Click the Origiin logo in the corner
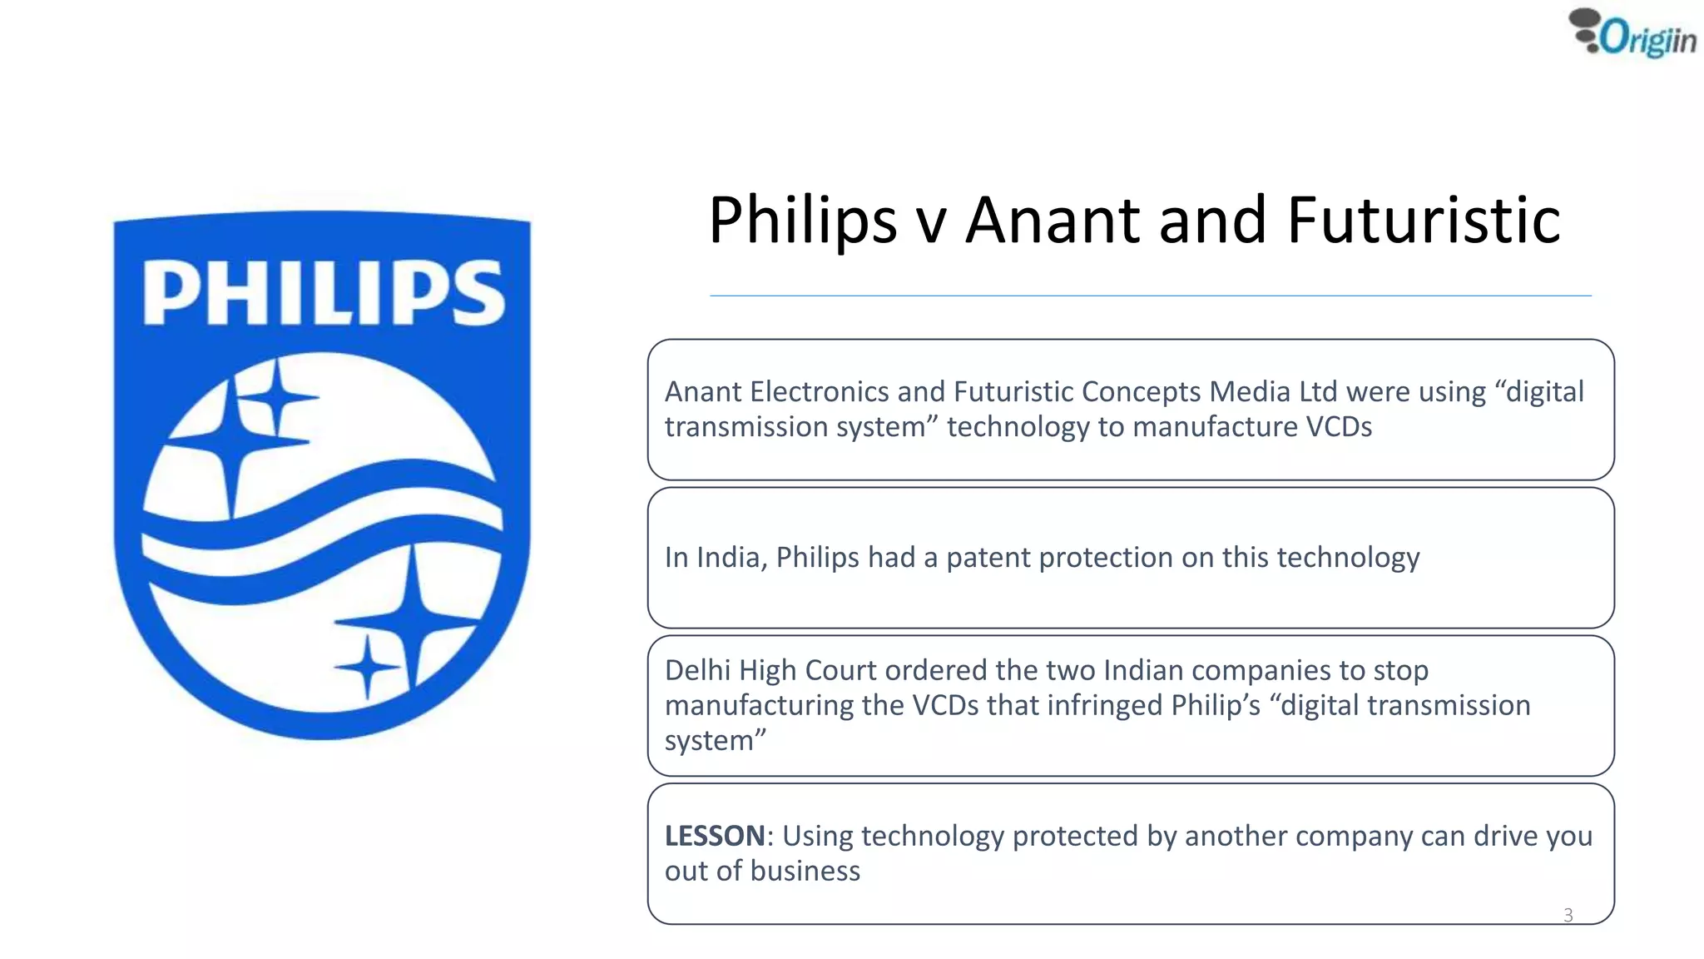pyautogui.click(x=1632, y=35)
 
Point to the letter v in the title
pyautogui.click(x=931, y=225)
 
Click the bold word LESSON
pyautogui.click(x=715, y=836)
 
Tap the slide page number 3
pyautogui.click(x=1568, y=916)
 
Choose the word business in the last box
pyautogui.click(x=805, y=871)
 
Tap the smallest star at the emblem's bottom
pyautogui.click(x=368, y=667)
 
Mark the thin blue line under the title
pyautogui.click(x=1150, y=296)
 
